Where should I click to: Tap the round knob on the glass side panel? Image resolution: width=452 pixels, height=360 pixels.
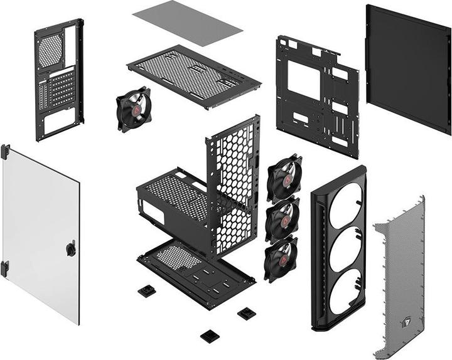[70, 249]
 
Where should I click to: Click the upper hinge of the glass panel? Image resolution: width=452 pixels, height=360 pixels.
[6, 151]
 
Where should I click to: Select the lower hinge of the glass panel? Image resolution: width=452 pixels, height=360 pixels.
[5, 268]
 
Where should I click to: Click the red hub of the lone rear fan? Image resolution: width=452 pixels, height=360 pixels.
[133, 109]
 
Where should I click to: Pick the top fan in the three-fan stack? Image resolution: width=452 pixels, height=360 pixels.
[284, 176]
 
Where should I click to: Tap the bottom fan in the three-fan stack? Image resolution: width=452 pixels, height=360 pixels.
[280, 258]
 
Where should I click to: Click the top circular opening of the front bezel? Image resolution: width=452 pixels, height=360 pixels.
[345, 205]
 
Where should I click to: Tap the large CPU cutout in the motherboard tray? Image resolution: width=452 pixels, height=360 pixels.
[304, 80]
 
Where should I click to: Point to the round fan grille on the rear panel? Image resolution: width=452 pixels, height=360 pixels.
[51, 50]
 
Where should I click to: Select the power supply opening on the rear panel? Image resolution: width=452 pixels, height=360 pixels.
[58, 120]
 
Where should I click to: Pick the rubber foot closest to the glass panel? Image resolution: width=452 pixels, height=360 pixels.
[147, 291]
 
